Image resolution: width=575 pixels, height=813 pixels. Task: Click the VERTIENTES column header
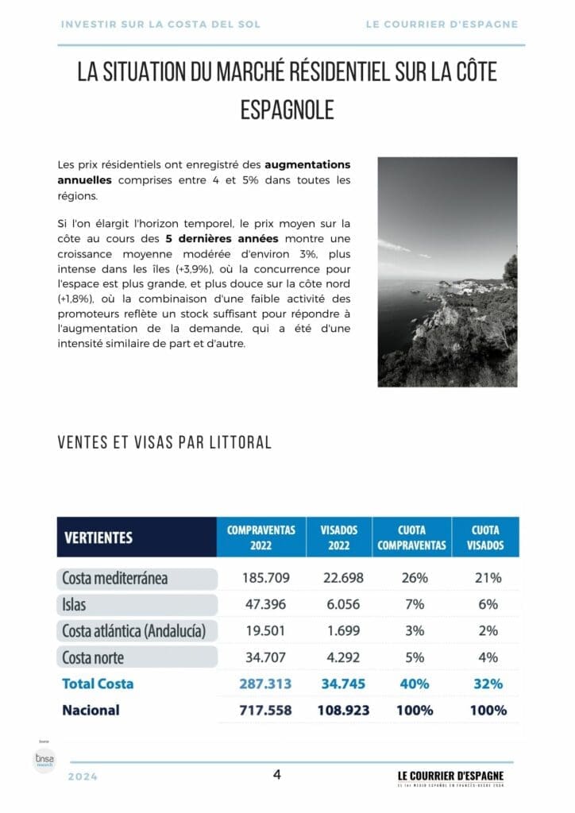[x=98, y=538]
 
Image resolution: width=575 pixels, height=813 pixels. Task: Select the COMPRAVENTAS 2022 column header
[x=261, y=538]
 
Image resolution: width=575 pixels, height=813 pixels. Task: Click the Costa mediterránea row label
[x=115, y=578]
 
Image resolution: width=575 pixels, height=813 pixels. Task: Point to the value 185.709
[x=266, y=578]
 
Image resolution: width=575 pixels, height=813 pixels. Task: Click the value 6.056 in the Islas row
[x=344, y=605]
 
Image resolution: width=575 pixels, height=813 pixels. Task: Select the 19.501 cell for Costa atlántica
[x=266, y=631]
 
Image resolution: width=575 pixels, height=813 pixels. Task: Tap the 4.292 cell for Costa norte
[x=344, y=657]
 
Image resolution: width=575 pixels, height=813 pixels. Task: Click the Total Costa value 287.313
[x=265, y=684]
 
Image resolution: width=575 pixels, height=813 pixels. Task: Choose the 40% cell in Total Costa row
[x=415, y=684]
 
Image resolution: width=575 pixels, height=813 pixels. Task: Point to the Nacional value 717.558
[x=265, y=710]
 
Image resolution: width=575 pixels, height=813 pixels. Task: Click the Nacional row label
[x=91, y=710]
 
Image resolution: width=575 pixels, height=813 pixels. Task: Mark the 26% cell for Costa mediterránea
[x=415, y=578]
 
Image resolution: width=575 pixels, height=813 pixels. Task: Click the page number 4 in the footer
[x=276, y=775]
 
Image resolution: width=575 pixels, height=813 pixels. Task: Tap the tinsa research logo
[x=44, y=759]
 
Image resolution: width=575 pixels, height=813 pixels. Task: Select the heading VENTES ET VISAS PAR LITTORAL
[x=164, y=442]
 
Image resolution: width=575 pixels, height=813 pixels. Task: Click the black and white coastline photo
[x=447, y=272]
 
